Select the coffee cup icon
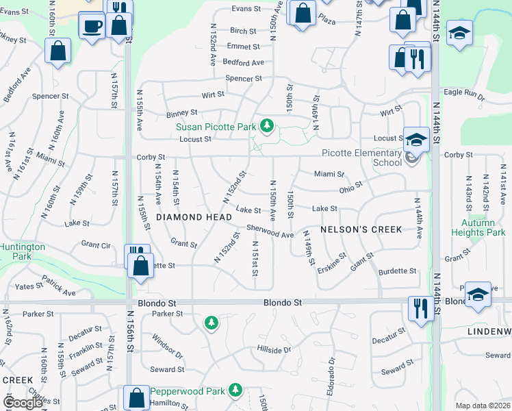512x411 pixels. click(x=91, y=27)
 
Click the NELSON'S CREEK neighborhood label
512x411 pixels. click(x=361, y=229)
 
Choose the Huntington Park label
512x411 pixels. click(x=23, y=251)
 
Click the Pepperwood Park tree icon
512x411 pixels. click(x=236, y=390)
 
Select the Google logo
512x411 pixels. click(x=22, y=402)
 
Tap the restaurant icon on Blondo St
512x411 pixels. click(x=419, y=308)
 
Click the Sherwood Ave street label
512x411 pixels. click(x=270, y=234)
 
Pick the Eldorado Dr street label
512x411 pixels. click(x=331, y=369)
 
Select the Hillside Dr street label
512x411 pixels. click(x=274, y=350)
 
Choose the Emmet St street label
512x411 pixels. click(x=243, y=47)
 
